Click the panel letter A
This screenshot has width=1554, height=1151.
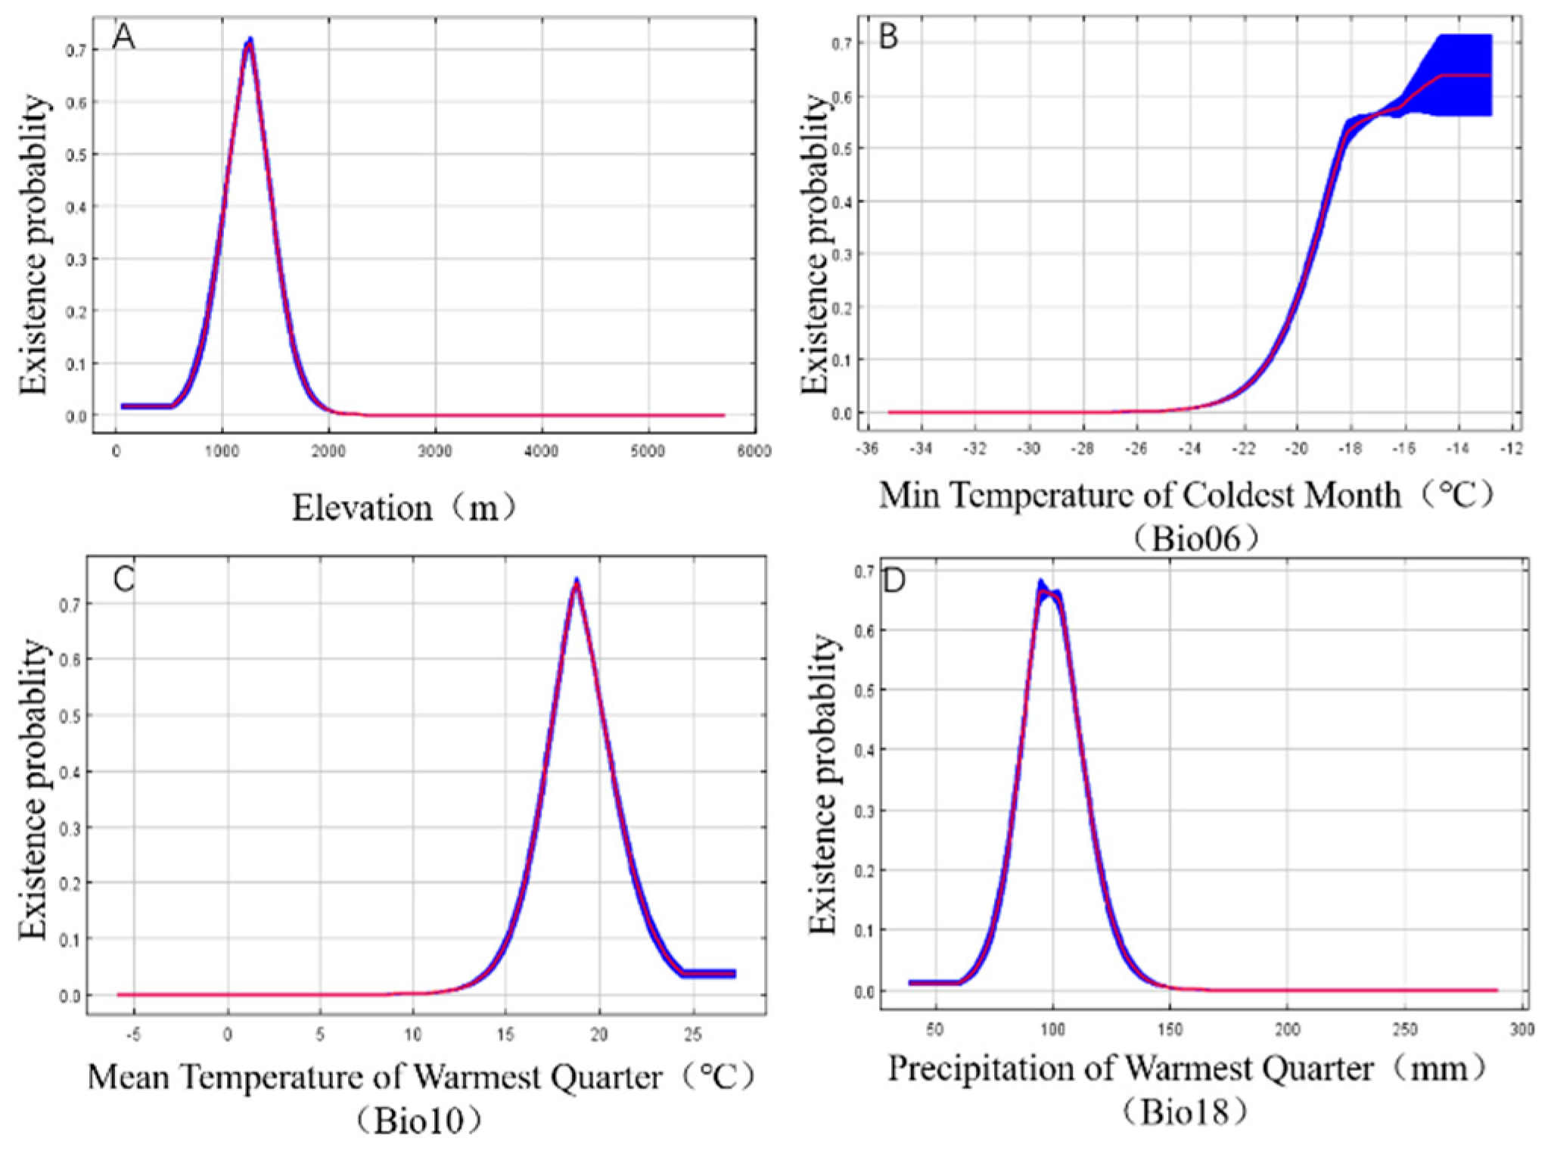click(x=123, y=37)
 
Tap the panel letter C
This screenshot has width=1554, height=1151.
click(x=123, y=579)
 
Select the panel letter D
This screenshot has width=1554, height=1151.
click(x=894, y=583)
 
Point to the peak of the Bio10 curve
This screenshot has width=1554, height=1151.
click(x=577, y=583)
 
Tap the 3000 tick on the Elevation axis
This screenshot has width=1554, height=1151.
click(x=434, y=452)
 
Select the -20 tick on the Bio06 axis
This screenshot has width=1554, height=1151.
click(x=1296, y=449)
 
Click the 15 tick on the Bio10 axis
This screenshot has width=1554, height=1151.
click(x=505, y=1034)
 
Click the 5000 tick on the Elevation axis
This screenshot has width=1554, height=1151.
click(x=648, y=452)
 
